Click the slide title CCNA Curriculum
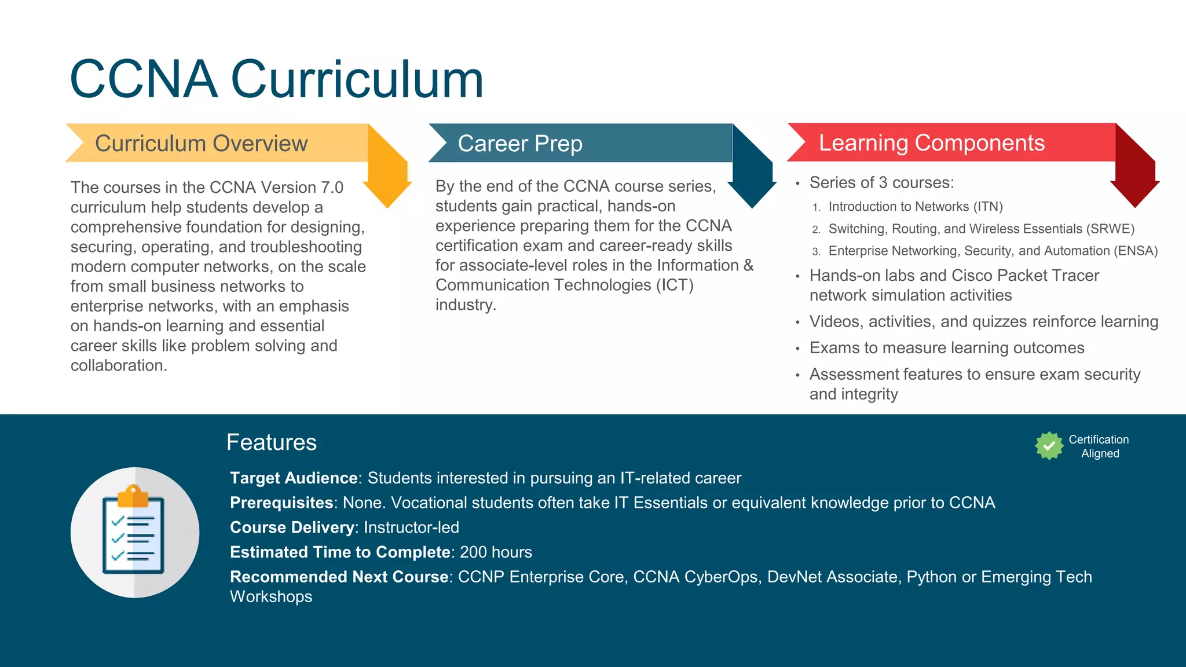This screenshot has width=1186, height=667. [276, 79]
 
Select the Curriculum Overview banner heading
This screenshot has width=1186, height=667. [201, 144]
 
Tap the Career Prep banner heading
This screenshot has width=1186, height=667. [519, 144]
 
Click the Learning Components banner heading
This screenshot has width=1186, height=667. [931, 143]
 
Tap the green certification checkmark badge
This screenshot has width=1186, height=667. [1049, 446]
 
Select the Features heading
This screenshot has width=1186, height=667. [271, 442]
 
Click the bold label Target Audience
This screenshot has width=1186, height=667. [294, 478]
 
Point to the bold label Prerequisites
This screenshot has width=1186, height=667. [281, 503]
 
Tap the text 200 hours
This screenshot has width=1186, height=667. [496, 552]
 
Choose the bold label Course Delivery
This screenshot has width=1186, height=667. [292, 527]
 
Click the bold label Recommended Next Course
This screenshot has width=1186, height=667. [339, 577]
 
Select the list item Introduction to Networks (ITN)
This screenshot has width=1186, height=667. [915, 207]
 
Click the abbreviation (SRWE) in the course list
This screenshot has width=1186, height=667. [1110, 229]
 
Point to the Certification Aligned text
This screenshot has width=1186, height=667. [1099, 446]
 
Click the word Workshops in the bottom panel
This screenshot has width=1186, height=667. [271, 597]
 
